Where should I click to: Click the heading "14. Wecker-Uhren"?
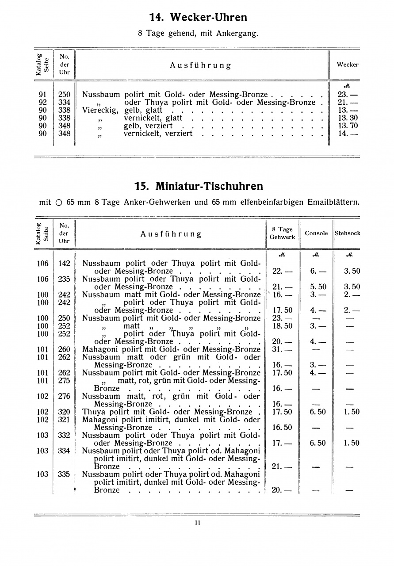tap(198, 18)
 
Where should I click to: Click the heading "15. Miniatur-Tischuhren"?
tap(199, 186)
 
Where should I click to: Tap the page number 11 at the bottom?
tap(197, 523)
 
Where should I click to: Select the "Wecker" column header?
tap(347, 65)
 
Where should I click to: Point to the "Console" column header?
tap(316, 233)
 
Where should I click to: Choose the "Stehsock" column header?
tap(348, 233)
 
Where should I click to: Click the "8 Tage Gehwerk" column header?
tap(282, 233)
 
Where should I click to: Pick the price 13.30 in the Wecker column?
tap(347, 118)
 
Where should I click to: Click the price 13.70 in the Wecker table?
tap(347, 126)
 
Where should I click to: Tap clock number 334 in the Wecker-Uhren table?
tap(65, 102)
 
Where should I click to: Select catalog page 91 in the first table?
tap(43, 94)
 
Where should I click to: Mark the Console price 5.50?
tap(317, 287)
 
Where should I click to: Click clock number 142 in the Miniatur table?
tap(65, 264)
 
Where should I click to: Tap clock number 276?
tap(65, 396)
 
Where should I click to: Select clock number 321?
tap(65, 420)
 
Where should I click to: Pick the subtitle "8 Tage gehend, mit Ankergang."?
tap(198, 33)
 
